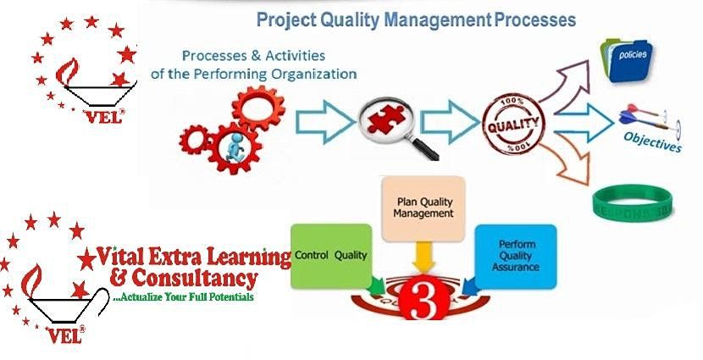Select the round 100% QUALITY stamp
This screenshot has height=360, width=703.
point(512,125)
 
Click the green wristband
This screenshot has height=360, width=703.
point(635,202)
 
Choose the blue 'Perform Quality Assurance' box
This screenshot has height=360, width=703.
point(516,257)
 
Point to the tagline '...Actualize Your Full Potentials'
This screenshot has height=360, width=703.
point(183,298)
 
